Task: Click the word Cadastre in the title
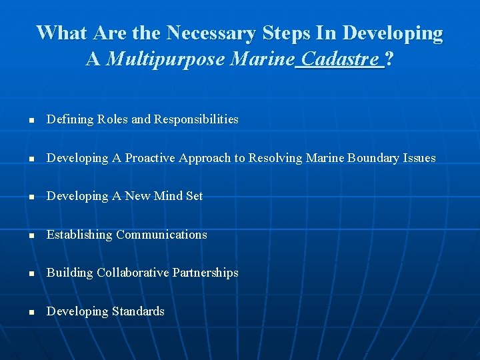340,60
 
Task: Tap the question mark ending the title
389,60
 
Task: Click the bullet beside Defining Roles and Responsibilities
31,121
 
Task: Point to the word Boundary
367,158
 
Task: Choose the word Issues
419,158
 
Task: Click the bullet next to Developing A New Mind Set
31,197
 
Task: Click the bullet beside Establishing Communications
31,236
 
